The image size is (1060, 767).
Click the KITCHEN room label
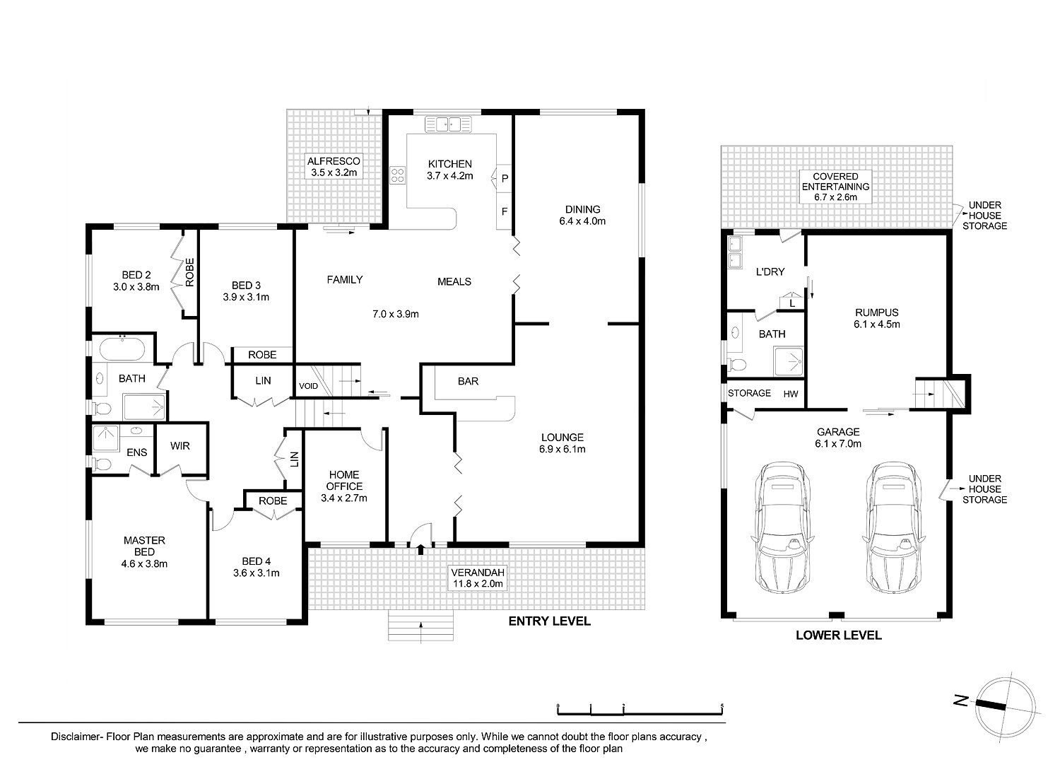pos(449,164)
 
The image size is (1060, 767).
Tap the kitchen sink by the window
pos(449,124)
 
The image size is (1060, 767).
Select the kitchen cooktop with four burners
pos(397,175)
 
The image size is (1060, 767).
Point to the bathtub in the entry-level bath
pos(122,350)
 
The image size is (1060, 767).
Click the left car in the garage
pos(783,528)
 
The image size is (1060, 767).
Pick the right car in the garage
pos(893,528)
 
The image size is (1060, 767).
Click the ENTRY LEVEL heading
pos(549,621)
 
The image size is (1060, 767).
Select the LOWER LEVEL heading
pos(839,636)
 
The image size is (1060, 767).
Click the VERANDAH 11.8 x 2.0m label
pos(478,578)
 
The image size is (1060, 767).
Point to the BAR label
pos(468,381)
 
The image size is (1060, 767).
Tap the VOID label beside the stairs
pos(309,386)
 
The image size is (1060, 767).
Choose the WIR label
pos(179,446)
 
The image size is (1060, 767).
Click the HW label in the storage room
pos(791,394)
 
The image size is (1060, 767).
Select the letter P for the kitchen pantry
pos(505,179)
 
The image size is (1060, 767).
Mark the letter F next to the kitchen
pos(505,211)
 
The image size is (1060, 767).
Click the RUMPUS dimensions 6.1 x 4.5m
pos(877,324)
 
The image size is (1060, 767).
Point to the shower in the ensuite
pos(105,438)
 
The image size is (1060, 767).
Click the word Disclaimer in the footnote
pos(75,737)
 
